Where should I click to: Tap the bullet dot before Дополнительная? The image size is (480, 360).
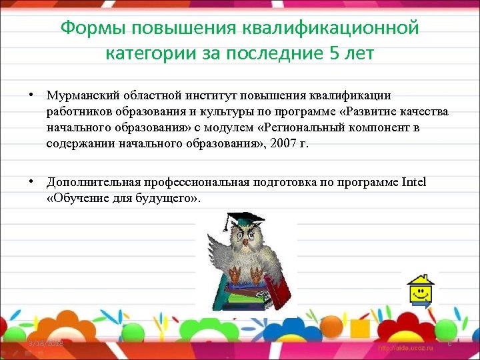(31, 181)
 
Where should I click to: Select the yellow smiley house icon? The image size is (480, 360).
(421, 288)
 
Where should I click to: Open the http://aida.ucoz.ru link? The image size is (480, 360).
(405, 347)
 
